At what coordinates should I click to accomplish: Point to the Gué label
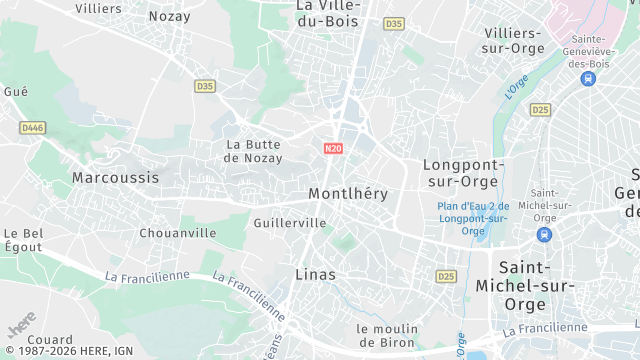16,91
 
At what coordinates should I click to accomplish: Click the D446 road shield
33,127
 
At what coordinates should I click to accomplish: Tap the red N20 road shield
334,148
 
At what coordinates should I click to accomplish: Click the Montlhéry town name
348,193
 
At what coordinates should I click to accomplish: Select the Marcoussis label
115,177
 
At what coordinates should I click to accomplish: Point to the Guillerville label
290,222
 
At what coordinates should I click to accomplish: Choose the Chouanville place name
178,232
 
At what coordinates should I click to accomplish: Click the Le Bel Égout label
23,240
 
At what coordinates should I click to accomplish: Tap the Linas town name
315,273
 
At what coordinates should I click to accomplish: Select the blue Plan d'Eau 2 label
473,218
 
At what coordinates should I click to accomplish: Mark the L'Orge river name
516,87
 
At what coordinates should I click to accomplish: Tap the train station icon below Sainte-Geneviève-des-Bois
587,78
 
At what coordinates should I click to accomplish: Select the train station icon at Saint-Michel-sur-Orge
544,235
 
